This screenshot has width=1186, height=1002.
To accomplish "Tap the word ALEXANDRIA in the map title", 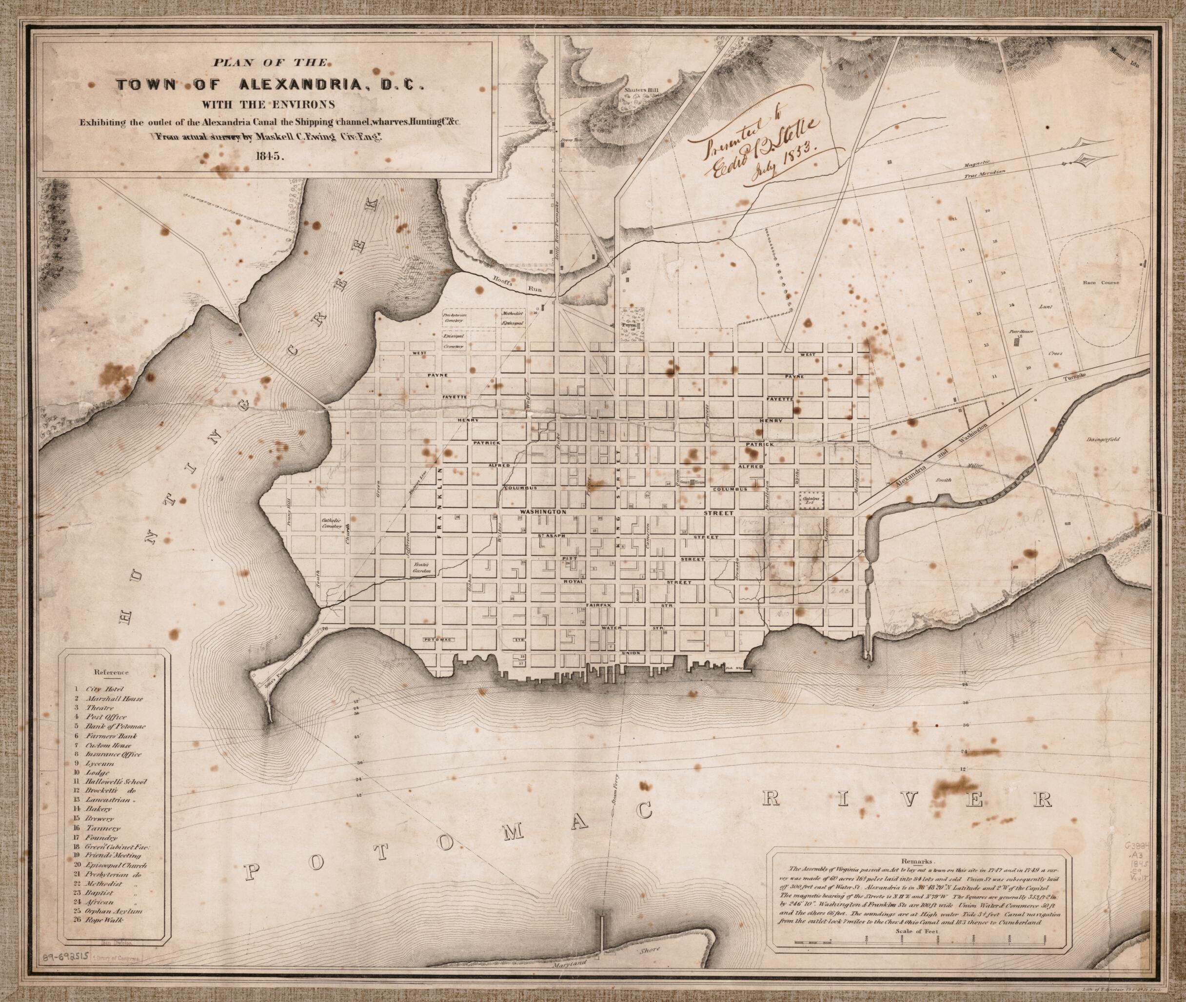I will (296, 85).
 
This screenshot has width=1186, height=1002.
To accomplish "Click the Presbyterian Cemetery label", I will (455, 316).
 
